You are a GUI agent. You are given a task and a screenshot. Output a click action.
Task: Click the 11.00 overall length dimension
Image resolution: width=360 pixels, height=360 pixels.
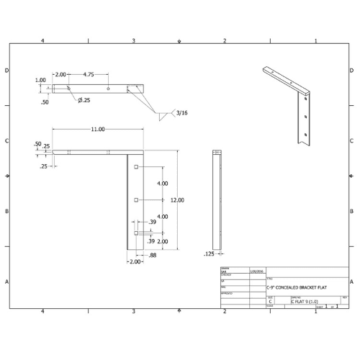[97, 129]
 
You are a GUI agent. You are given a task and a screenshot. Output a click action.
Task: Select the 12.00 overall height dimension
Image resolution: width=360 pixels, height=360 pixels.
[177, 200]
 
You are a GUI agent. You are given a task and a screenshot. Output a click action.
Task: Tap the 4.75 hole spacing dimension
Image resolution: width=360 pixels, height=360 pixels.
[89, 75]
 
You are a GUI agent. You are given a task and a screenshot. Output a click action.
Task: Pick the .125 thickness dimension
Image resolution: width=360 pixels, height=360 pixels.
[209, 253]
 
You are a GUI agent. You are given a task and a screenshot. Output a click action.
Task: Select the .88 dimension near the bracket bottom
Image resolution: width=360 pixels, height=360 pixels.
[152, 255]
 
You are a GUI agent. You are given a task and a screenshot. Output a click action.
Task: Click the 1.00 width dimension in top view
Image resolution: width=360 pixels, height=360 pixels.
[41, 81]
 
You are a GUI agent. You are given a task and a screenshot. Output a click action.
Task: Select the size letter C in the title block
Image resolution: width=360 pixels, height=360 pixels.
[270, 302]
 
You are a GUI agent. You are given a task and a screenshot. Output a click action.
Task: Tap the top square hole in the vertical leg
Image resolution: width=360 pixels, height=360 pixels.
[135, 167]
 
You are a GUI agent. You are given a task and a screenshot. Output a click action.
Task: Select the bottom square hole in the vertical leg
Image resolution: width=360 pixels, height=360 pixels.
[135, 233]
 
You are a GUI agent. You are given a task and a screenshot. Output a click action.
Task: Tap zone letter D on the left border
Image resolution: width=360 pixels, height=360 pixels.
[6, 71]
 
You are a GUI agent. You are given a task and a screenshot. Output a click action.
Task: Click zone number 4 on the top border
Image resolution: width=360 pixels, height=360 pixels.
[43, 40]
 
